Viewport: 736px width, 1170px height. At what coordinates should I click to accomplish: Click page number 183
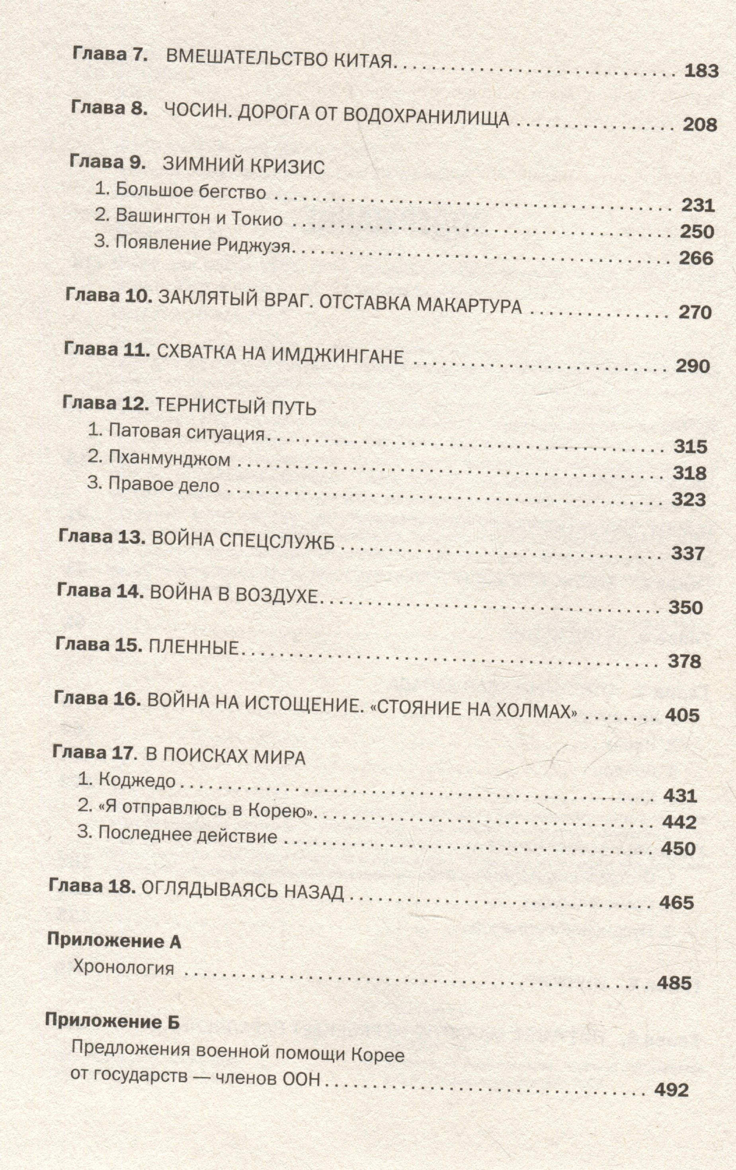point(701,71)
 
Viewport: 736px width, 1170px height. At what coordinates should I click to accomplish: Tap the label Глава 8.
point(109,108)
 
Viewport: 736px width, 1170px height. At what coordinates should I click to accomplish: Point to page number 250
point(697,232)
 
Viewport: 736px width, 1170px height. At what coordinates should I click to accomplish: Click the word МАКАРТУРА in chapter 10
point(469,306)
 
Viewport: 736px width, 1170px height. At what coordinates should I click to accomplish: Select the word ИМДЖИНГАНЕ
point(337,356)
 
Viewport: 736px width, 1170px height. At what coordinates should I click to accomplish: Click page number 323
point(688,500)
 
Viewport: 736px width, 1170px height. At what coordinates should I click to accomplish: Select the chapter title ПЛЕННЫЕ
point(194,647)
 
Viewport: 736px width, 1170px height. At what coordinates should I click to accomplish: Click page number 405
point(682,715)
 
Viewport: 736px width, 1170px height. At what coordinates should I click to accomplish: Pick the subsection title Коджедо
point(137,780)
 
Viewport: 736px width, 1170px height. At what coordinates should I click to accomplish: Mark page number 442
point(680,823)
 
